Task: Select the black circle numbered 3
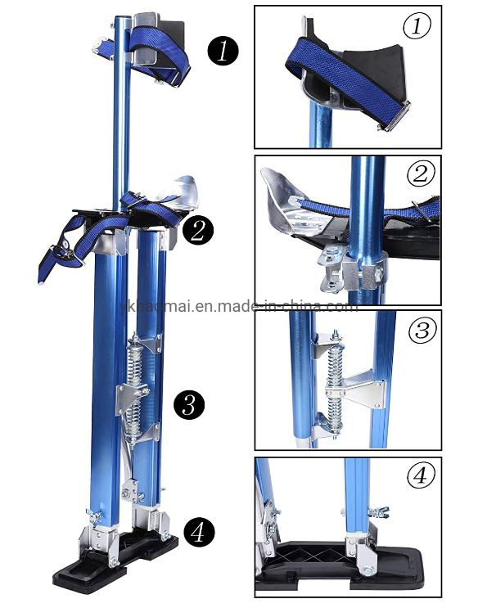pos(190,404)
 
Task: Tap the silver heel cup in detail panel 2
pos(283,200)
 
